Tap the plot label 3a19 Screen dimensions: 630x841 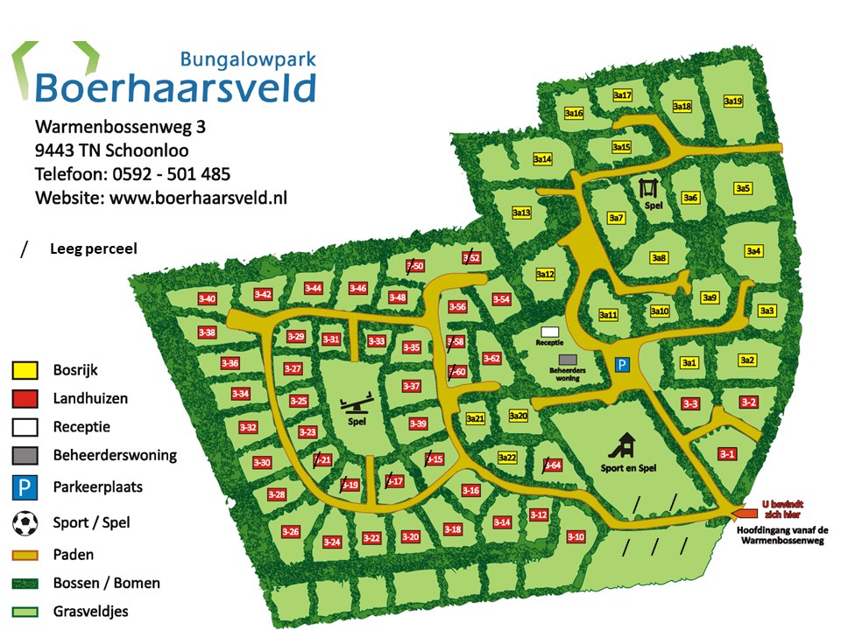tap(733, 101)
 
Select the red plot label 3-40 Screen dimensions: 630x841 tap(208, 299)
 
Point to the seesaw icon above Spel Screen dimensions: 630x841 tap(355, 405)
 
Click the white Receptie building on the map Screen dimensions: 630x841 tap(550, 332)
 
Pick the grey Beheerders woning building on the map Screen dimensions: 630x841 tap(569, 359)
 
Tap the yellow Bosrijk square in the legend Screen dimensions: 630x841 tap(25, 370)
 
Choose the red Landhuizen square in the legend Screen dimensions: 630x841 tap(25, 399)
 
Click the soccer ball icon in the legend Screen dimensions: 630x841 tap(25, 522)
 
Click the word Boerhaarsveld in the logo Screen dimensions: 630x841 tap(175, 88)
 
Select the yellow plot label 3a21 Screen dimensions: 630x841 tap(476, 418)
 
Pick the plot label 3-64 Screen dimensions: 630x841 tap(553, 465)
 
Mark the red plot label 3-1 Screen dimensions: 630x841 tap(727, 453)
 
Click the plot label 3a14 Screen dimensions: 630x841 tap(543, 159)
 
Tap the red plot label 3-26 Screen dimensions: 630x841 tap(291, 531)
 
